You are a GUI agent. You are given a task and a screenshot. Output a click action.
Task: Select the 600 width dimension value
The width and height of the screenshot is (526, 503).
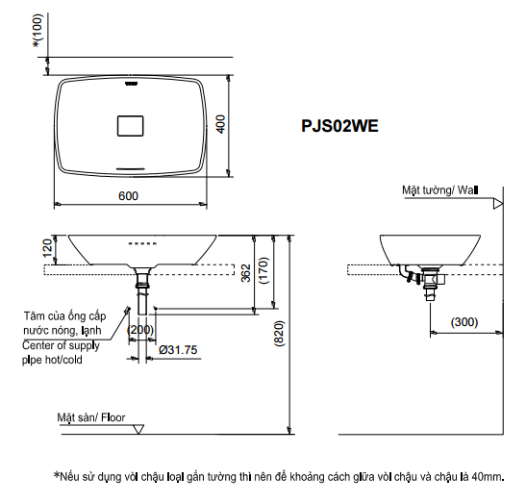coord(129,195)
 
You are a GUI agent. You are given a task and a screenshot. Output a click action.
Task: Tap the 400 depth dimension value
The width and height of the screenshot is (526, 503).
coord(220,125)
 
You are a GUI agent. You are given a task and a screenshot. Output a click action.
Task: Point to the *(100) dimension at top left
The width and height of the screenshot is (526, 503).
coord(37,28)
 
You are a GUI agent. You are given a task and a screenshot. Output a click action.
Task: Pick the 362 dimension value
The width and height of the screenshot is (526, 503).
coord(246,272)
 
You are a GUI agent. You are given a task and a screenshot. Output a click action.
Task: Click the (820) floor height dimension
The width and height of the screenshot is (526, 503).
coord(280,332)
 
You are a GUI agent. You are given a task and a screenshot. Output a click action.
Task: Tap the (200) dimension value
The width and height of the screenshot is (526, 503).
coord(140,330)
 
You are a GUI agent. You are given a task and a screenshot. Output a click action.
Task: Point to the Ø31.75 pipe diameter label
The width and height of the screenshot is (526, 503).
coord(178,349)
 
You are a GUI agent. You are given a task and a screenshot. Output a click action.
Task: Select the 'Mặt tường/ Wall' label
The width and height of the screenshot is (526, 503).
coord(439,190)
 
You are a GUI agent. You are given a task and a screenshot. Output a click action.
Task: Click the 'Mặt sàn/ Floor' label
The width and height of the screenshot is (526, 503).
coord(90,417)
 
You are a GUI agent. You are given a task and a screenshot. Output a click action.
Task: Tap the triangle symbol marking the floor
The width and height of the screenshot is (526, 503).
coord(138,430)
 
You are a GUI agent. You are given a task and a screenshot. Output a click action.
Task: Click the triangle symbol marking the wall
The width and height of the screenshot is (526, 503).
coord(497,204)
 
